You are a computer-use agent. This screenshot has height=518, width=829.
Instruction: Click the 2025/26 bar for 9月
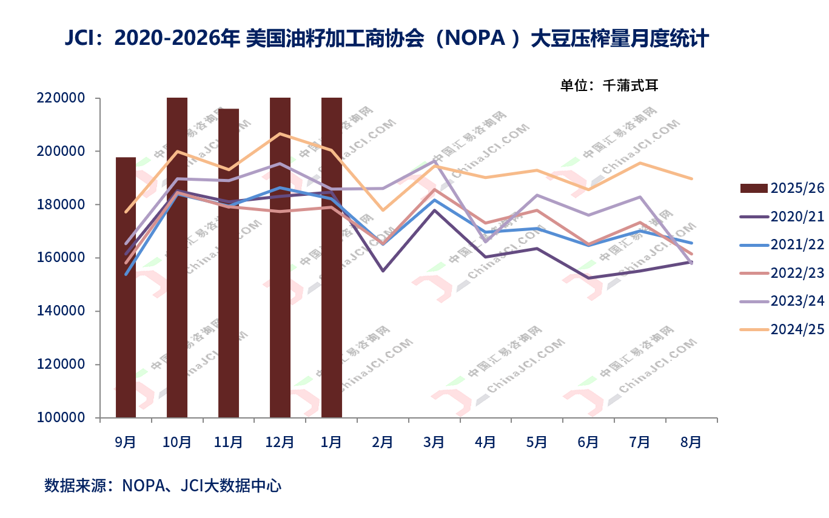(x=126, y=288)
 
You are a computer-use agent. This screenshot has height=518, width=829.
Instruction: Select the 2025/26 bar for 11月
(x=229, y=263)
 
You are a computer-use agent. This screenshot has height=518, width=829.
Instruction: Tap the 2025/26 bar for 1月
(x=332, y=257)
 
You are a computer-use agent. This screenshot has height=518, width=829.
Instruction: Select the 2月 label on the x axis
(x=383, y=442)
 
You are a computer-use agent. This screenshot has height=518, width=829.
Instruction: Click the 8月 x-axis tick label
(x=691, y=442)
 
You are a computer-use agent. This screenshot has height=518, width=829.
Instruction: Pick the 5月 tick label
(x=537, y=442)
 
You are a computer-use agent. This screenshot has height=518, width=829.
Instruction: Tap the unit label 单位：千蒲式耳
(x=609, y=86)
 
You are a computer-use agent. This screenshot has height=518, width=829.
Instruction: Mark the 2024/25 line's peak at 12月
(x=280, y=133)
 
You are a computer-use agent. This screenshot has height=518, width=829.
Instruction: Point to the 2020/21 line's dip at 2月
(x=383, y=271)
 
